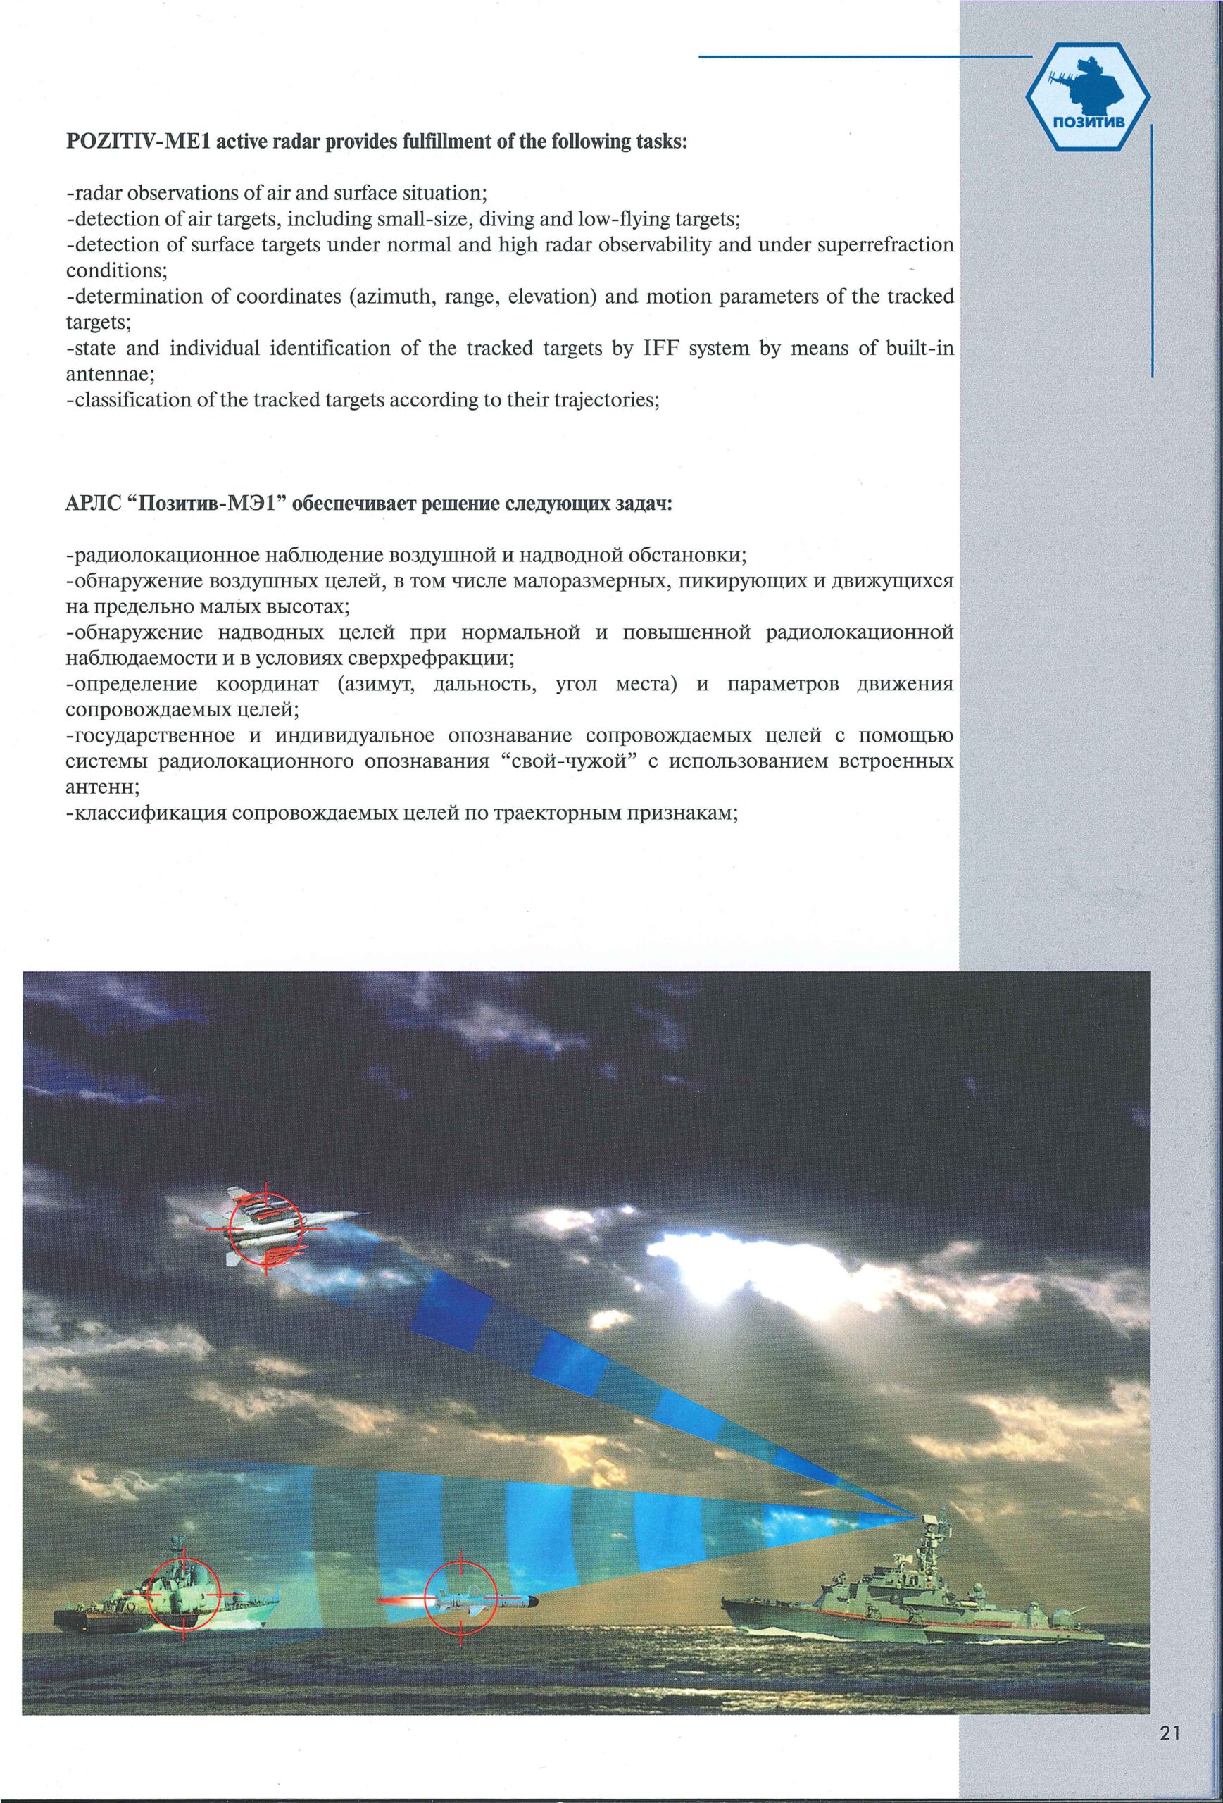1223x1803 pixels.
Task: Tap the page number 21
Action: (x=1170, y=1733)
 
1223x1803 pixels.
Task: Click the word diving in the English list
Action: (x=498, y=219)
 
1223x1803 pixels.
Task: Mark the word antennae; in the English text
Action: (x=110, y=374)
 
